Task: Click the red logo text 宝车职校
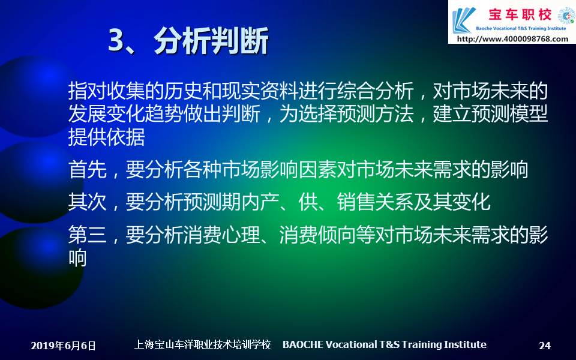coord(520,14)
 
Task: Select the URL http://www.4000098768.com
coord(512,39)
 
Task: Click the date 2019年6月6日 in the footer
coord(63,346)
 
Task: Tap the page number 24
coord(545,346)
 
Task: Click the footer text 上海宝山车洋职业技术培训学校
coord(202,344)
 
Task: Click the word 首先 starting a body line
coord(88,170)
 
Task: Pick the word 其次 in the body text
coord(88,202)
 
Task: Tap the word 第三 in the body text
coord(88,235)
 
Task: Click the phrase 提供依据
coord(107,137)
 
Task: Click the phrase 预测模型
coord(510,114)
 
